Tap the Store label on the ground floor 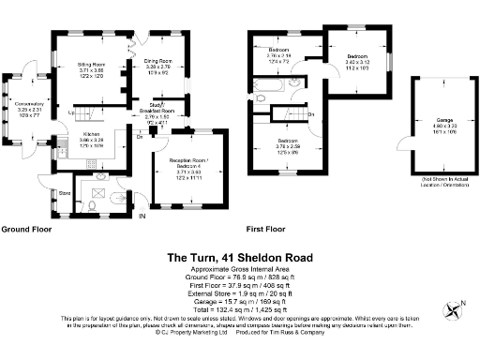65,194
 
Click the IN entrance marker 142,217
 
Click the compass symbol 456,306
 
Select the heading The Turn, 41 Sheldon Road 240,257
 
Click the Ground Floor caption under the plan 26,229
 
